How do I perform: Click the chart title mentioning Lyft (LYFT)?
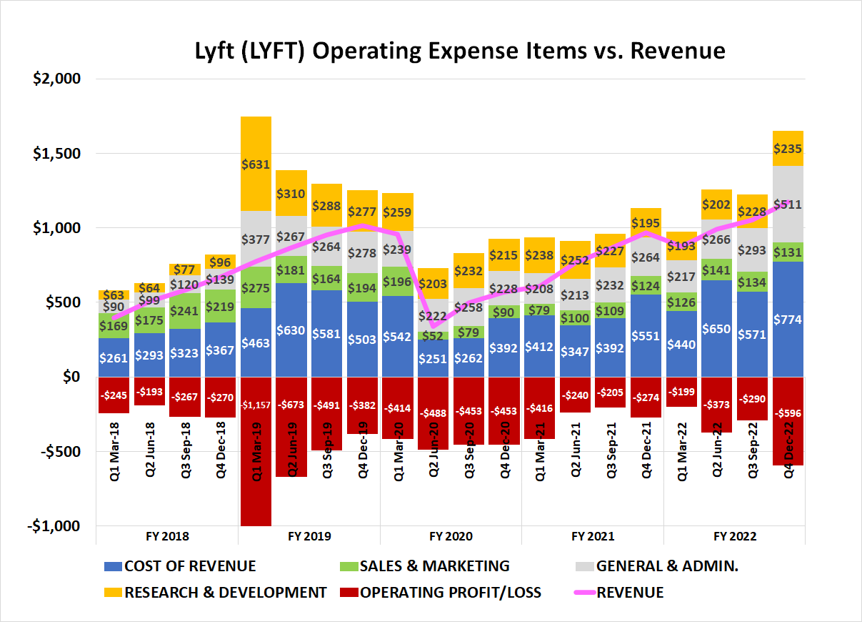tap(460, 51)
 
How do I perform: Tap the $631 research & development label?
tap(256, 164)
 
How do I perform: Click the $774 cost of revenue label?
tap(788, 320)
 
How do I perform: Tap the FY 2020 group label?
tap(451, 536)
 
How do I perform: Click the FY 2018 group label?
tap(167, 536)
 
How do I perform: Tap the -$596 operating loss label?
tap(788, 412)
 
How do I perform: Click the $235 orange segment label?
tap(788, 149)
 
